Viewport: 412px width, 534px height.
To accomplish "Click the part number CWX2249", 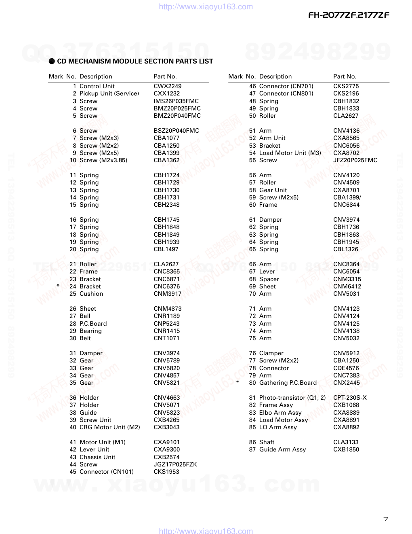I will pos(167,86).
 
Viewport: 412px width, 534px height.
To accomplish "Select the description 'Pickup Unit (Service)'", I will pos(109,93).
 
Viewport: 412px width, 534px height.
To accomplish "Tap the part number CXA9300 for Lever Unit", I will pos(166,449).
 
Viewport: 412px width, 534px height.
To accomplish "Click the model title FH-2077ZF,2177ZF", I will pos(349,15).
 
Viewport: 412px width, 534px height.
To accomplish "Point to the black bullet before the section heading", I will pos(52,61).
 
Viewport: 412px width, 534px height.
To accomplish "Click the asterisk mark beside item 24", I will pos(58,286).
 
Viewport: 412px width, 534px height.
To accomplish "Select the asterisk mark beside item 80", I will pos(238,383).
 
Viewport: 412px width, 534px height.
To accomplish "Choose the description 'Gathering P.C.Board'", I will pos(288,383).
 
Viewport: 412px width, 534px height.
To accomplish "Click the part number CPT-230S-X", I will pos(350,398).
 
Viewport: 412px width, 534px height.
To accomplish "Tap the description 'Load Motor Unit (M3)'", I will pos(290,153).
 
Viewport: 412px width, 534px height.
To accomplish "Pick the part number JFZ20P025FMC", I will pos(355,160).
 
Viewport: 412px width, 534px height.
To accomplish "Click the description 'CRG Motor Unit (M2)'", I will pos(109,427).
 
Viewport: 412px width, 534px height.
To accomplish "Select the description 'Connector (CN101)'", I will pos(106,472).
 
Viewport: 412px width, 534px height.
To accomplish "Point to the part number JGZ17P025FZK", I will pos(175,464).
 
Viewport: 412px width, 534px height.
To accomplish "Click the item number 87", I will pos(252,449).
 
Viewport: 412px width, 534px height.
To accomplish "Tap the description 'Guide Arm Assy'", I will pos(282,449).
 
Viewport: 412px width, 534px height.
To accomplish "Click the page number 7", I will pos(386,519).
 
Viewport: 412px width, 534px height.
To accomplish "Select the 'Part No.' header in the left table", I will pos(165,76).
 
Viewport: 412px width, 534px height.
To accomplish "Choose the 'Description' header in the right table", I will pos(275,76).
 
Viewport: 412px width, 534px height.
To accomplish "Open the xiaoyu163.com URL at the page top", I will pos(206,6).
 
